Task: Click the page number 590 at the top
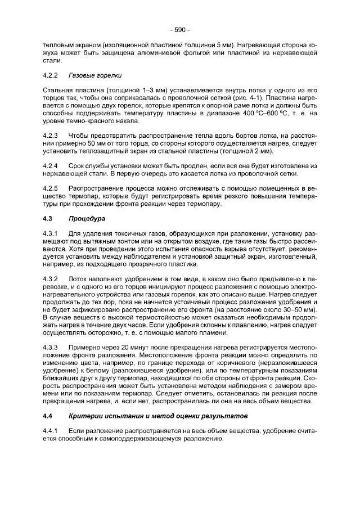coord(180,29)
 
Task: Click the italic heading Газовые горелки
coord(95,75)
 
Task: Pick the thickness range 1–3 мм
coord(140,90)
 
